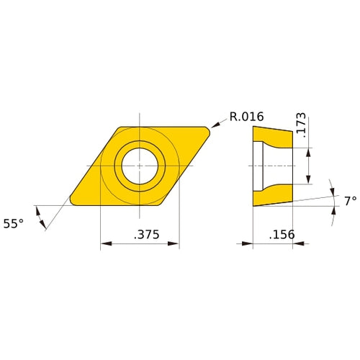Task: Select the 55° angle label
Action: (x=13, y=224)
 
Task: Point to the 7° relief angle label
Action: (x=350, y=202)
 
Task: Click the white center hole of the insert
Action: (x=139, y=166)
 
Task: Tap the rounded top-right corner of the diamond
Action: (x=207, y=130)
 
